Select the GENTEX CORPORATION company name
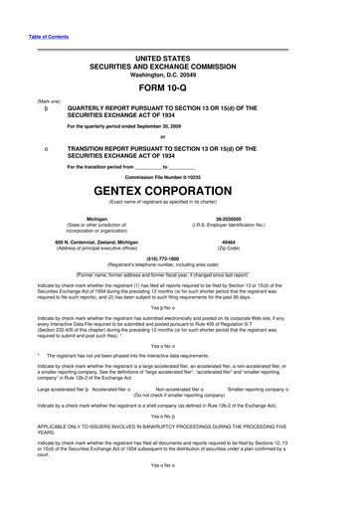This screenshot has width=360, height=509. click(180, 188)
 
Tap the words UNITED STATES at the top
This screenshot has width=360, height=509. click(180, 59)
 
